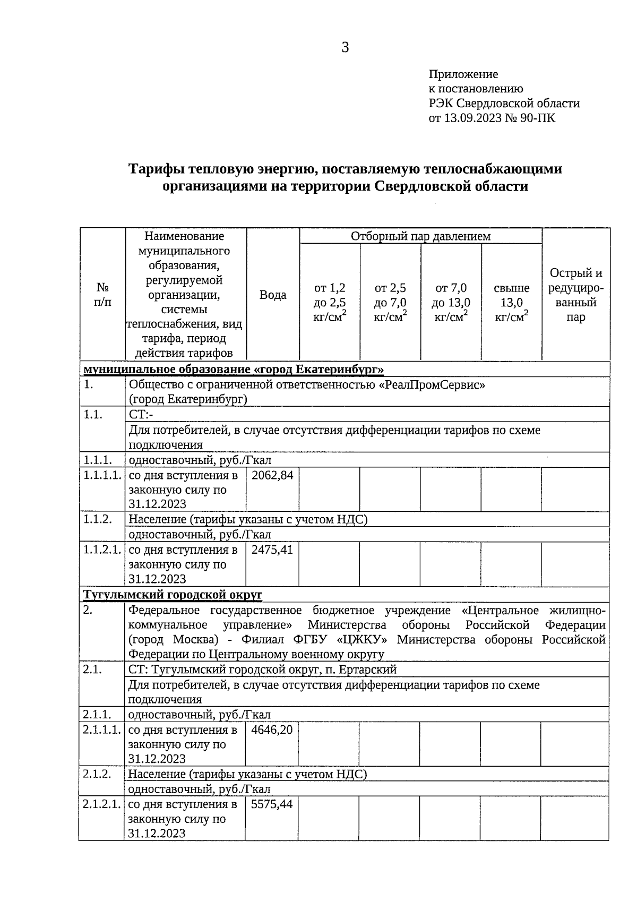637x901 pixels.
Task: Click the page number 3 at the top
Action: pos(345,48)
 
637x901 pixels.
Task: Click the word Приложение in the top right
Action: pos(463,74)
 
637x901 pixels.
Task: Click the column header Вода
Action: pos(273,295)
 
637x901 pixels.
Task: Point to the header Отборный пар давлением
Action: pos(420,236)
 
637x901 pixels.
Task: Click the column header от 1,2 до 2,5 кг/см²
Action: pos(330,303)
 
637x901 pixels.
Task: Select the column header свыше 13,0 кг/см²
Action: pos(511,303)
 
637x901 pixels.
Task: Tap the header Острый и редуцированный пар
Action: pos(576,295)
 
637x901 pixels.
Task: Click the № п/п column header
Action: pos(103,295)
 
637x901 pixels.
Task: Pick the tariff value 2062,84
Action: pos(272,475)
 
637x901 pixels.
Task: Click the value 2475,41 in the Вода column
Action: pos(272,550)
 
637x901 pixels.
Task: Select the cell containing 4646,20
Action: pos(272,730)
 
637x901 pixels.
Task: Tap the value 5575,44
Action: pos(272,804)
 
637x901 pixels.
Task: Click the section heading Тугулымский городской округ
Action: pos(173,595)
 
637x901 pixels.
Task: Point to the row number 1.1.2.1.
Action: pos(102,550)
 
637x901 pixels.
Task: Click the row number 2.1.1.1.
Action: pos(102,730)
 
